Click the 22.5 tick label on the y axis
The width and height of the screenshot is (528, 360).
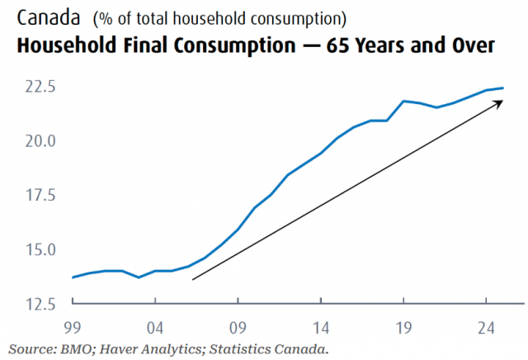40,87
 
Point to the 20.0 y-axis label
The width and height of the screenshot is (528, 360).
40,141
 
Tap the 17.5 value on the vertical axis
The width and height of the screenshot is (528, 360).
40,196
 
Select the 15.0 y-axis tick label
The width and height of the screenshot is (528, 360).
40,250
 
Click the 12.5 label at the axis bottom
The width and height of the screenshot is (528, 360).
40,304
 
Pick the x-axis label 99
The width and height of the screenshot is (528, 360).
73,328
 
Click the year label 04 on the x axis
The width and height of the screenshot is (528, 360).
155,328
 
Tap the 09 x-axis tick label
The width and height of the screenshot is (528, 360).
238,328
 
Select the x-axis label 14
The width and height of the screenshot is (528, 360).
321,328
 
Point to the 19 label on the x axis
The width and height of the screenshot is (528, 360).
403,328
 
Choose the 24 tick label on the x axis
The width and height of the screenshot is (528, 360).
486,328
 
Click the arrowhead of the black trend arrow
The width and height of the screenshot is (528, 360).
502,101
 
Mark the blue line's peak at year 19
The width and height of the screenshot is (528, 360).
403,101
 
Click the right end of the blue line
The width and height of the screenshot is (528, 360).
502,88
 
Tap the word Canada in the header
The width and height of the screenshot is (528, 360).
49,17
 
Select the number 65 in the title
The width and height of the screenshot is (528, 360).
337,45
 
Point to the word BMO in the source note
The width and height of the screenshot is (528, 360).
76,349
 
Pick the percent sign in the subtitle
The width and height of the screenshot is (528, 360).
106,19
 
